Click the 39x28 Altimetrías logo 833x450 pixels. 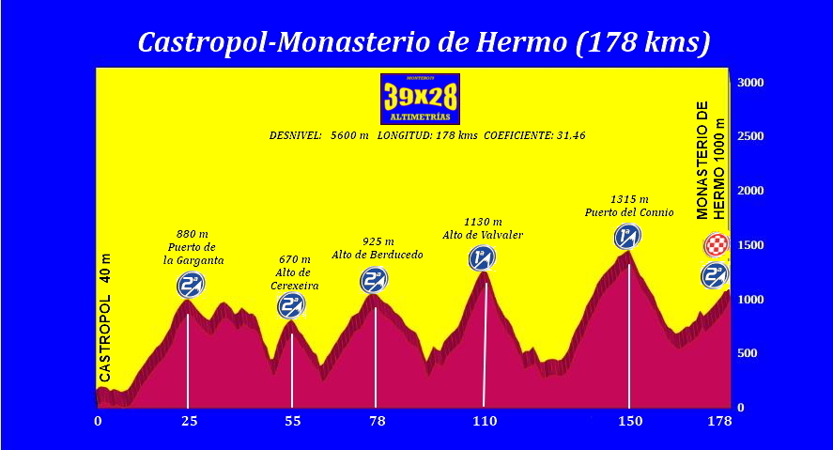[420, 99]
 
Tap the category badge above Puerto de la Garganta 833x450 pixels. [191, 285]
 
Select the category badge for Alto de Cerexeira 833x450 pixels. [291, 305]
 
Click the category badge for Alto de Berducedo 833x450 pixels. [374, 280]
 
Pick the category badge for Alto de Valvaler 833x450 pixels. [483, 257]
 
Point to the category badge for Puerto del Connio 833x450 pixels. [627, 237]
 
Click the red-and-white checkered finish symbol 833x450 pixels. [717, 245]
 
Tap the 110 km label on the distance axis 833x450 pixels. [485, 422]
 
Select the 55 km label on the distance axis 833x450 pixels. [293, 422]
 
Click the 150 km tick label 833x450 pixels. [629, 422]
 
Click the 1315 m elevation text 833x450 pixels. [629, 199]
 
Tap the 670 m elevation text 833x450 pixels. [294, 259]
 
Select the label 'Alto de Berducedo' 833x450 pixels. [378, 255]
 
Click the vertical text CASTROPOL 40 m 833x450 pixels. [105, 318]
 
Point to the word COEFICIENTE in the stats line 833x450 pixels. [518, 135]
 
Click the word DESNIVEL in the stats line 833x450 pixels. [296, 135]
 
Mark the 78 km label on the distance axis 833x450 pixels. [378, 422]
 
